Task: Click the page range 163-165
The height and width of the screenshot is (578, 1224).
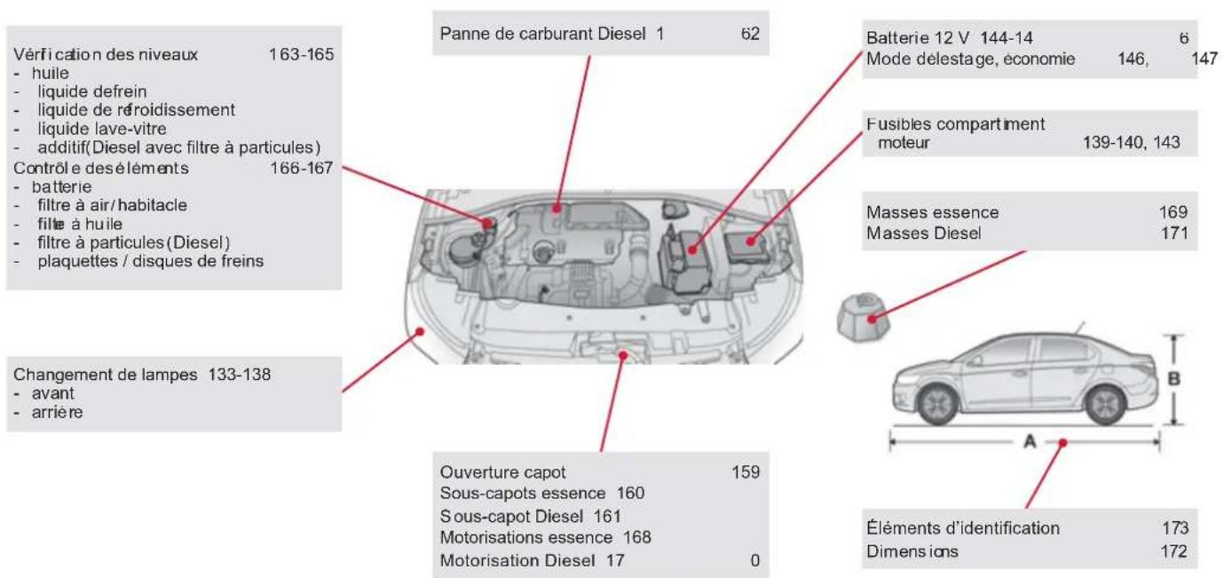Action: pos(301,55)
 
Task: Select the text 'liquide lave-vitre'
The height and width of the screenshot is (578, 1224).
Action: pos(102,129)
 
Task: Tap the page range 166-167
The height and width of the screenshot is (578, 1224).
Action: pos(302,168)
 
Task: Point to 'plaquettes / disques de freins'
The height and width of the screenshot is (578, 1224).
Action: pos(151,261)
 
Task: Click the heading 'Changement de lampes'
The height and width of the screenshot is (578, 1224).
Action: pos(106,375)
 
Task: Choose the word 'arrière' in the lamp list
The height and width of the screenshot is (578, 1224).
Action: pos(58,412)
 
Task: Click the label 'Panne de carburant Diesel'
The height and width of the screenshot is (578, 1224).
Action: pos(542,34)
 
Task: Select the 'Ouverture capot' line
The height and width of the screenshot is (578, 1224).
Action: pos(502,472)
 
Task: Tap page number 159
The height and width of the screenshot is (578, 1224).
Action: pos(746,472)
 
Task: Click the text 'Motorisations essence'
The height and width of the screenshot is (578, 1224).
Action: pos(526,537)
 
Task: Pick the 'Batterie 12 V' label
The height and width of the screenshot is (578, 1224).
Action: pos(918,38)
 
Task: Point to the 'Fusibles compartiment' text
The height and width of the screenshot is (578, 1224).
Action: pos(956,124)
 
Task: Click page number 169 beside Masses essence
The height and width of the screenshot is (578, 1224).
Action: pos(1173,212)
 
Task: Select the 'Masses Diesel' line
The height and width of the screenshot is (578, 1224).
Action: pos(924,234)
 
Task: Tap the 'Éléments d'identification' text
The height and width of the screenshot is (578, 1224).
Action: pos(963,528)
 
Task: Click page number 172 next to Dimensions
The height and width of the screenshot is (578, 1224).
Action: pos(1174,551)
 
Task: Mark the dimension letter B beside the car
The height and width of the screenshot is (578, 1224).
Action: pos(1173,379)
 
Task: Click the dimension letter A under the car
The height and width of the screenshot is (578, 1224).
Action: pos(1030,441)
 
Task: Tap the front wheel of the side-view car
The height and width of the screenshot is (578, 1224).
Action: pos(938,405)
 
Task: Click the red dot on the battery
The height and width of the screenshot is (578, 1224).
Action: pos(693,250)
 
